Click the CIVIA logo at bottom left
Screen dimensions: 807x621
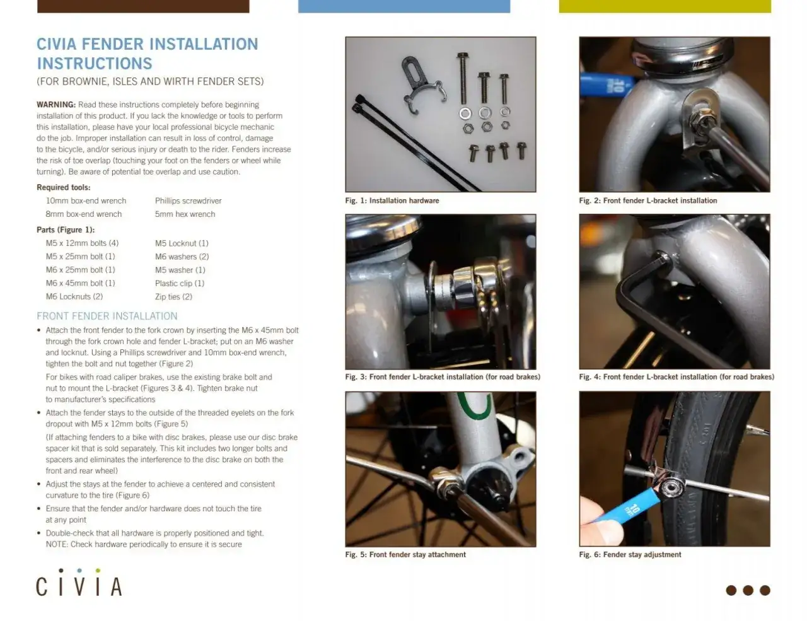point(79,582)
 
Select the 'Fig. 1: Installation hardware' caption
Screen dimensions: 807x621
point(392,200)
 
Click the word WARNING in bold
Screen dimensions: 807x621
point(56,105)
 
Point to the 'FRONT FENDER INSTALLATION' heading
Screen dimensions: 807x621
point(107,316)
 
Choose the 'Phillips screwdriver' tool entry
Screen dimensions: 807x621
point(189,201)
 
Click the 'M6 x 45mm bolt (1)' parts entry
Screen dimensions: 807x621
point(81,283)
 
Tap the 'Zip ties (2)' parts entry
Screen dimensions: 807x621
point(173,296)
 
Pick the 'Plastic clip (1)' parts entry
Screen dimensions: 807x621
point(180,283)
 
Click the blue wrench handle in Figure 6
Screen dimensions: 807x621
point(627,508)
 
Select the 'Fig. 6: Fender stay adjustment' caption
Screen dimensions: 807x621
point(630,555)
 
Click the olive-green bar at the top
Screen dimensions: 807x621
point(665,6)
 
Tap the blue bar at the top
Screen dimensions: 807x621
point(404,6)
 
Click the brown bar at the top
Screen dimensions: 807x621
point(143,6)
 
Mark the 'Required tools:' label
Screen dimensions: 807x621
point(64,187)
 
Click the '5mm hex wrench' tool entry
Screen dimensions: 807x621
point(185,214)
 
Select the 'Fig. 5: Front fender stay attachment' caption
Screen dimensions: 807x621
point(405,555)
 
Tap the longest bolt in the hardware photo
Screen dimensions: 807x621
point(463,78)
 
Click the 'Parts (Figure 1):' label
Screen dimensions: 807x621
point(66,229)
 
